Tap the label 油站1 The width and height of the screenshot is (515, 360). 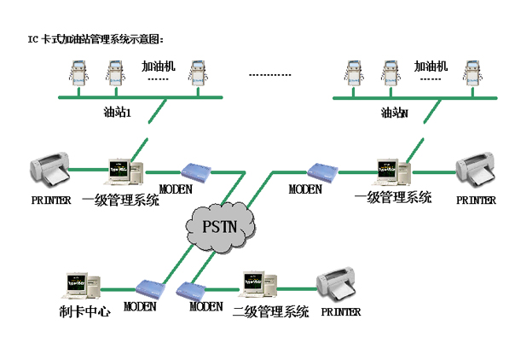pyautogui.click(x=117, y=113)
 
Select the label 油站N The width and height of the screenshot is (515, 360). pyautogui.click(x=394, y=113)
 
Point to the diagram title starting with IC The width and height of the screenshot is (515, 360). pyautogui.click(x=95, y=39)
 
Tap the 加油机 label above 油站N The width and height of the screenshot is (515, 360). pyautogui.click(x=430, y=66)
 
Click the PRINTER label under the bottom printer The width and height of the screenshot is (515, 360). pyautogui.click(x=341, y=311)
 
